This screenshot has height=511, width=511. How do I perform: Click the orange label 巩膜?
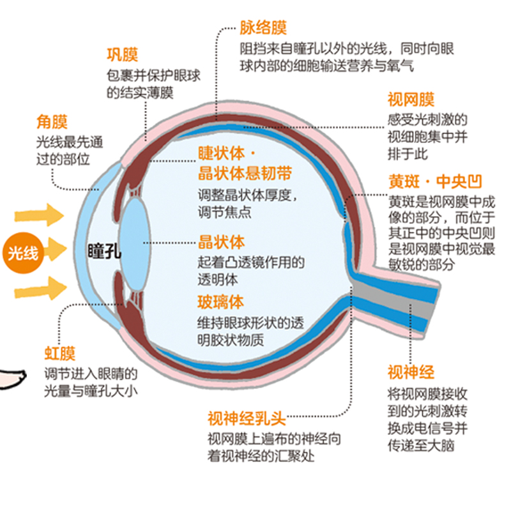[x=122, y=54]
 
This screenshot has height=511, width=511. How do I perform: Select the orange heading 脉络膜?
[x=263, y=27]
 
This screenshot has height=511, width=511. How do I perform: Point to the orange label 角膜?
[x=52, y=121]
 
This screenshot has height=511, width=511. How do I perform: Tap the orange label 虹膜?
[x=59, y=353]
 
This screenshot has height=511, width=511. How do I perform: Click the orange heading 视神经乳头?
[x=245, y=418]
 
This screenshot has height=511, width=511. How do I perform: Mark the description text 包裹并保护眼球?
[x=153, y=75]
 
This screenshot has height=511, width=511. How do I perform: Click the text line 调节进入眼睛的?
[x=90, y=374]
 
